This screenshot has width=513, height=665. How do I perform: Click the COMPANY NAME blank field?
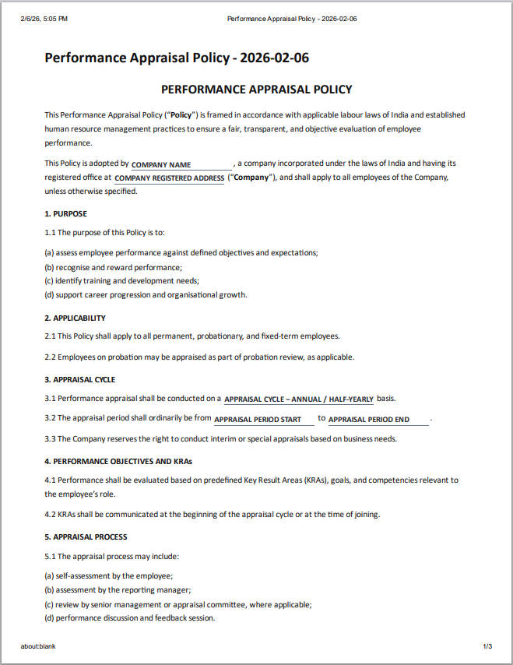181,165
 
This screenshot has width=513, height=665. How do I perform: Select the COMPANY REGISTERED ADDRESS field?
169,178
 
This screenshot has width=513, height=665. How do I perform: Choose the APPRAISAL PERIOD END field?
378,420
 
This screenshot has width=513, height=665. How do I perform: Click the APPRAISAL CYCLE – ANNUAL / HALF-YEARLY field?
299,399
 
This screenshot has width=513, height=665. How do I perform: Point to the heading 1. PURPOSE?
66,213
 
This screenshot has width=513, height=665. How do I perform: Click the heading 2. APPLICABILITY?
76,318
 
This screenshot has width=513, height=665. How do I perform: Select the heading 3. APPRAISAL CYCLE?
80,379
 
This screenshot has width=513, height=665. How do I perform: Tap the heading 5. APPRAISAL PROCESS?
86,537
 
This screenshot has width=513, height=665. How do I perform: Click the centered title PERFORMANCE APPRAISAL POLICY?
256,90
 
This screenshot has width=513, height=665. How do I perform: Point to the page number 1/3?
487,646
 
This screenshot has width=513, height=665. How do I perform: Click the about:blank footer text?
38,646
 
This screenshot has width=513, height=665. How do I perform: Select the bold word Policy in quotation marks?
184,114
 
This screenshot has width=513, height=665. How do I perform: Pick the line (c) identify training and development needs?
122,280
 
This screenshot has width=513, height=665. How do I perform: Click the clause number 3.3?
51,438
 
